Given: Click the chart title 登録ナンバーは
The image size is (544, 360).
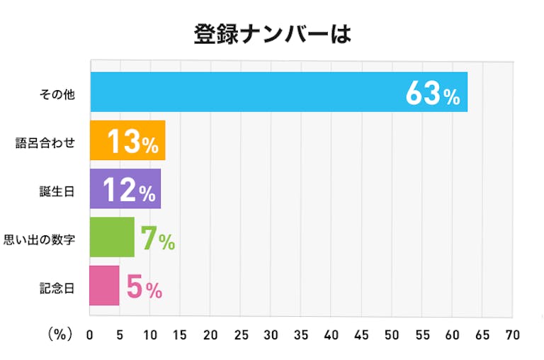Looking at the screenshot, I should (x=272, y=34).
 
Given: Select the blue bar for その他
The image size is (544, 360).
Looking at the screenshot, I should (x=248, y=92).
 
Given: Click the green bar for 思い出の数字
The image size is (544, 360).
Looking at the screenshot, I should (x=111, y=237).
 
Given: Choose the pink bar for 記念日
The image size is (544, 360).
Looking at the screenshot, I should (x=104, y=285).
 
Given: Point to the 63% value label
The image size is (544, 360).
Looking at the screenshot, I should (x=433, y=93).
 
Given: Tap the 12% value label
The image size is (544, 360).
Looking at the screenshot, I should (x=129, y=190).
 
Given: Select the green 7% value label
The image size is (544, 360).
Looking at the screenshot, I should (x=157, y=238).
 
